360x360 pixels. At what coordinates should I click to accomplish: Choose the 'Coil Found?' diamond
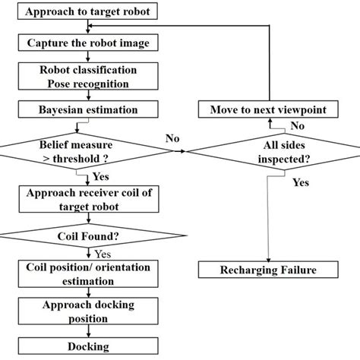pyautogui.click(x=89, y=235)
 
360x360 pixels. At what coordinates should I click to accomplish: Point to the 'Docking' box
pyautogui.click(x=89, y=347)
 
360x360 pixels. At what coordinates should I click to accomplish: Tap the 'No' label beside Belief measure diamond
pyautogui.click(x=172, y=138)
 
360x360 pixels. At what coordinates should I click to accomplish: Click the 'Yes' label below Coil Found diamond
pyautogui.click(x=104, y=254)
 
